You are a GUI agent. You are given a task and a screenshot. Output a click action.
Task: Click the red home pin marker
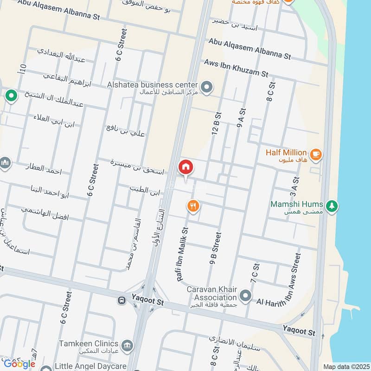[x=185, y=167]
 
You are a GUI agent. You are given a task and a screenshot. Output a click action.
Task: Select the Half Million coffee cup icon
[x=316, y=154]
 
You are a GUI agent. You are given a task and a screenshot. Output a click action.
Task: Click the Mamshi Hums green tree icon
[x=332, y=205]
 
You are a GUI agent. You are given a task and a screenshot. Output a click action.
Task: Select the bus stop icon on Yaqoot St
[x=122, y=300]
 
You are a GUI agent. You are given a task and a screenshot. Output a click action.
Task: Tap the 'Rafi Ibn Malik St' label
[x=182, y=255]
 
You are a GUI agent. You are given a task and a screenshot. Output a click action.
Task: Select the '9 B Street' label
[x=216, y=249]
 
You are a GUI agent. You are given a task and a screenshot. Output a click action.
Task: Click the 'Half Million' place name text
[x=286, y=152]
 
